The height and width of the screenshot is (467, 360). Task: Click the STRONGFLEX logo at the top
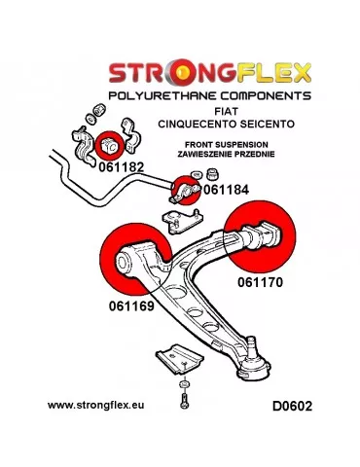coord(207,72)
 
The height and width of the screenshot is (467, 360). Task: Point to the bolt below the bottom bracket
coord(181,391)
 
